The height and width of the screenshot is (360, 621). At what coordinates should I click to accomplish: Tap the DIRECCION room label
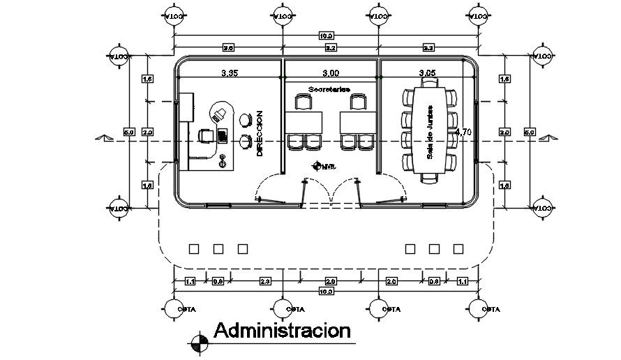pyautogui.click(x=260, y=133)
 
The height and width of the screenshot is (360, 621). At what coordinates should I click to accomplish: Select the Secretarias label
pyautogui.click(x=329, y=89)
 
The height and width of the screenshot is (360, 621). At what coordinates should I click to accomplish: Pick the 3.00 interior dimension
pyautogui.click(x=329, y=73)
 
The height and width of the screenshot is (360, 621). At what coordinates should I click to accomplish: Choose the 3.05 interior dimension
pyautogui.click(x=428, y=73)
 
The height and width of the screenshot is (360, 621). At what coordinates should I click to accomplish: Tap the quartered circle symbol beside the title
pyautogui.click(x=200, y=341)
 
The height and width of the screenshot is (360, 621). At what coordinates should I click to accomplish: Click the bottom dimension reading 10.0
pyautogui.click(x=326, y=292)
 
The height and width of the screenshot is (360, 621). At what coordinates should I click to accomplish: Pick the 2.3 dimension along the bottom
pyautogui.click(x=265, y=281)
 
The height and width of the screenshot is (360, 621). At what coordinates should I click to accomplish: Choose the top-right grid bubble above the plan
pyautogui.click(x=479, y=15)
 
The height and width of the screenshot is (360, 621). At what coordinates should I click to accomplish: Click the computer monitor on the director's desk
pyautogui.click(x=223, y=133)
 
